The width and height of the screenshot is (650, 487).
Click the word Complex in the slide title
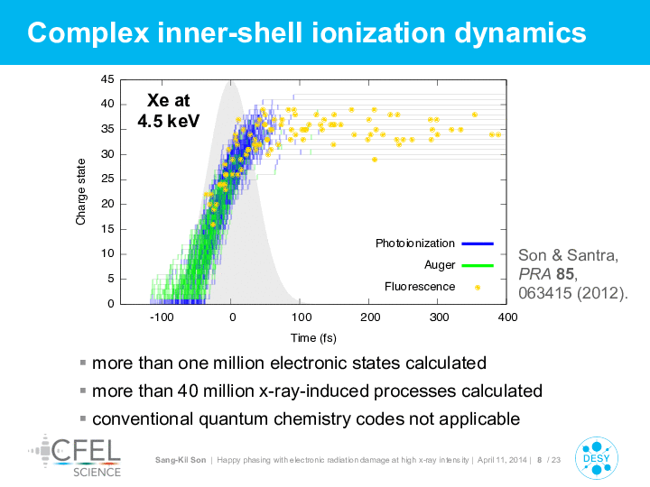click(x=88, y=33)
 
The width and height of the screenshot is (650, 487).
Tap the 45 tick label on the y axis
click(x=107, y=79)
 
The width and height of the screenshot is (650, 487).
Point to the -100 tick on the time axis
click(x=162, y=317)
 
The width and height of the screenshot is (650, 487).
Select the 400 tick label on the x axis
click(x=507, y=317)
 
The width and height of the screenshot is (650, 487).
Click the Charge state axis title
click(x=80, y=192)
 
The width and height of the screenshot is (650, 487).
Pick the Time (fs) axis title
click(x=313, y=338)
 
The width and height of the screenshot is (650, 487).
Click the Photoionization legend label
click(x=415, y=243)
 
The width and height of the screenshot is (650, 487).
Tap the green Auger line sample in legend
click(x=478, y=265)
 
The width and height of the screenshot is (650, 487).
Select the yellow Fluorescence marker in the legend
click(x=478, y=288)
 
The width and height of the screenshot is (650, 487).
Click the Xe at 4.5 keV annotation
click(x=168, y=111)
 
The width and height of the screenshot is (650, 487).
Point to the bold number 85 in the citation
click(x=565, y=274)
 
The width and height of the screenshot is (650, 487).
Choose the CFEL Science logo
click(x=75, y=455)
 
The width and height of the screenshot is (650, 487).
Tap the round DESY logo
click(x=597, y=458)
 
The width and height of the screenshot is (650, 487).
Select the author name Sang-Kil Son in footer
click(x=181, y=460)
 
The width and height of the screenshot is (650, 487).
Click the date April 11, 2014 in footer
click(x=502, y=460)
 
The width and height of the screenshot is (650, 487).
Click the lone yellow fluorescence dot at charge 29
click(x=375, y=160)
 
